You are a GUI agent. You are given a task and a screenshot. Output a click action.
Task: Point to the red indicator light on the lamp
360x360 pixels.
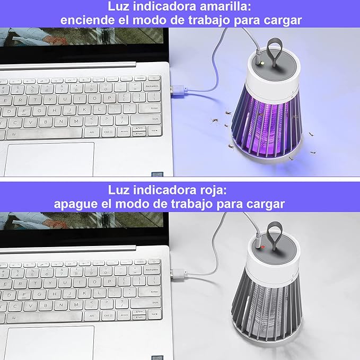(260, 246)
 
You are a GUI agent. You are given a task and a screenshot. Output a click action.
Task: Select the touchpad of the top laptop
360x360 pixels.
(50, 159)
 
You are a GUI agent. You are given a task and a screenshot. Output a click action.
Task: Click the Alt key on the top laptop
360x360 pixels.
(92, 133)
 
